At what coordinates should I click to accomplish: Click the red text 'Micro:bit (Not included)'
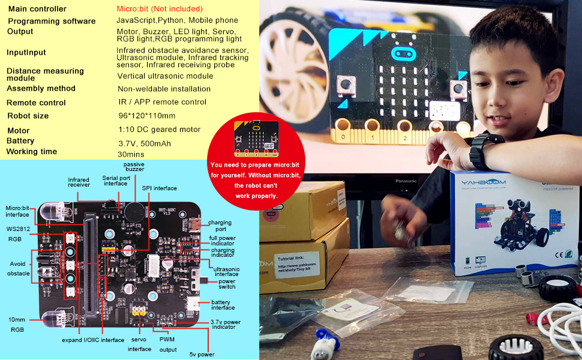pyautogui.click(x=160, y=9)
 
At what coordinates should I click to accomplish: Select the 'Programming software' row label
pyautogui.click(x=52, y=22)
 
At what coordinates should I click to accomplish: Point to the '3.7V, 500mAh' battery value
pyautogui.click(x=144, y=143)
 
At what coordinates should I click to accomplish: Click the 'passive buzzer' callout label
pyautogui.click(x=134, y=167)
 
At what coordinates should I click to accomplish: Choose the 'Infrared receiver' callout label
pyautogui.click(x=79, y=182)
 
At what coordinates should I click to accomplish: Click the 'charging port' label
pyautogui.click(x=220, y=226)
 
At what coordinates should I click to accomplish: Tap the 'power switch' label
pyautogui.click(x=227, y=284)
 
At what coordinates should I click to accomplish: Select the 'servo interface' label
pyautogui.click(x=140, y=344)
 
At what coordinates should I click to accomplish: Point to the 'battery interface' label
pyautogui.click(x=223, y=304)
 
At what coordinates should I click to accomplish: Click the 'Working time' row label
pyautogui.click(x=32, y=152)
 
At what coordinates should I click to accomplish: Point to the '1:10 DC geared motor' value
pyautogui.click(x=159, y=130)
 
